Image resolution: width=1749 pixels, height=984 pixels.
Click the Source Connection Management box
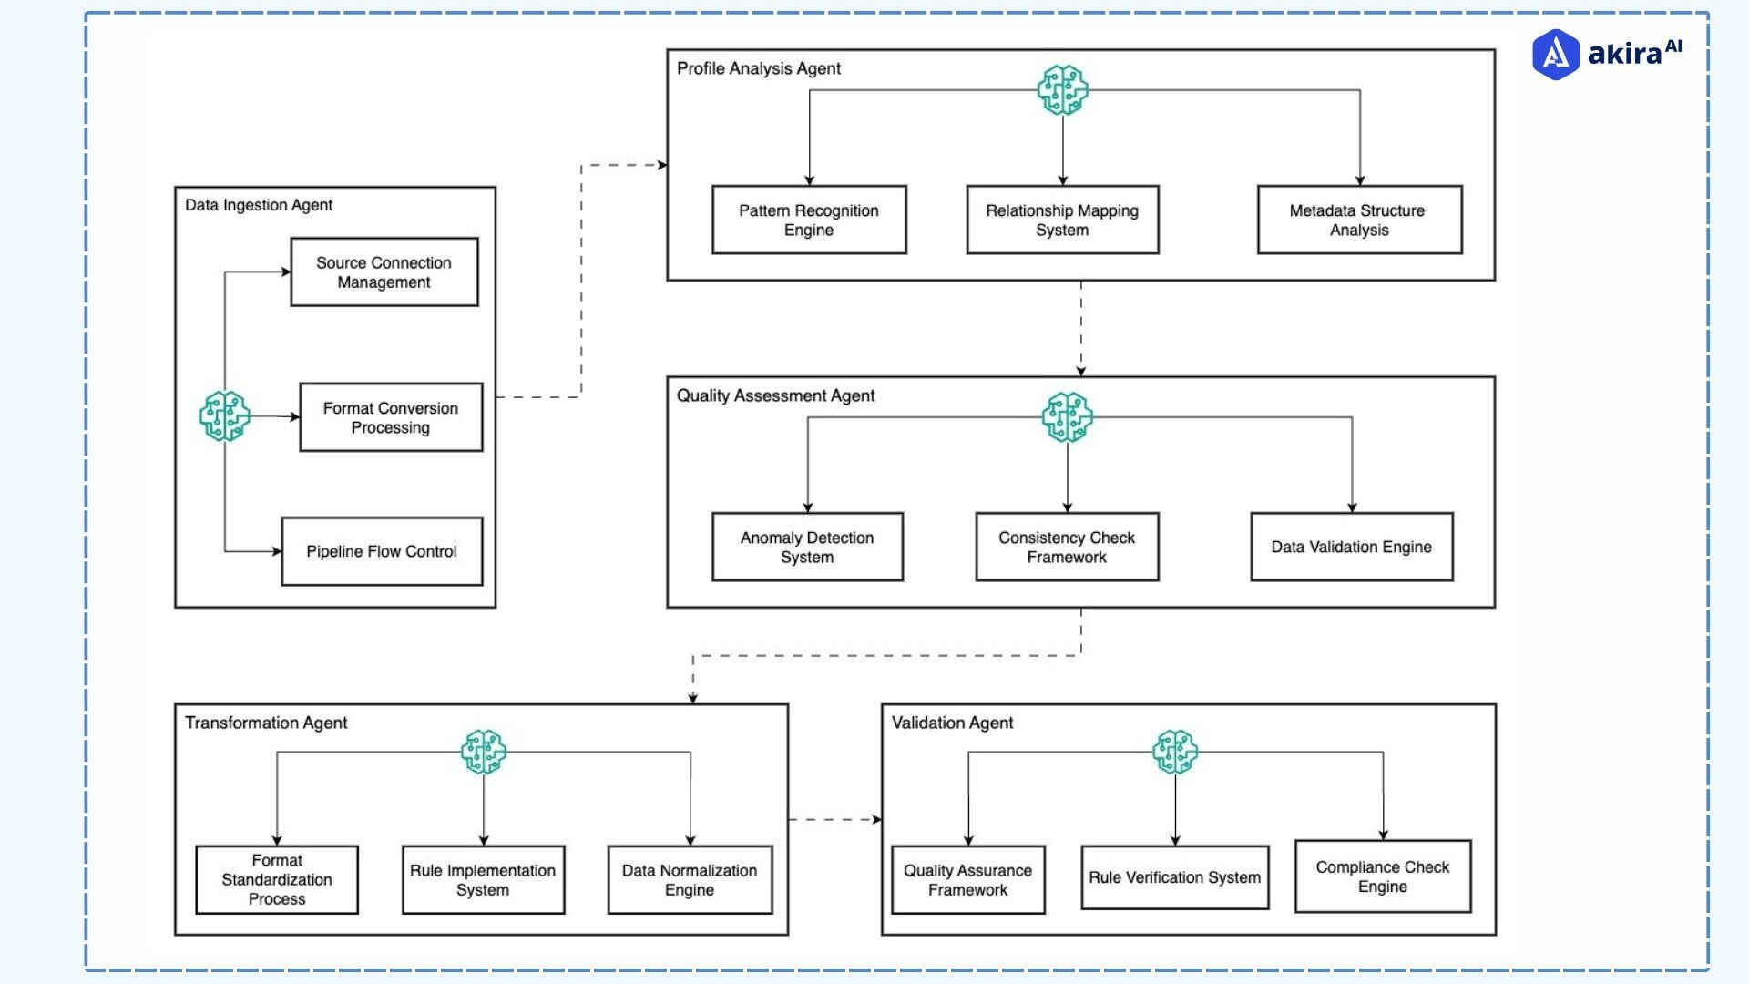tap(384, 272)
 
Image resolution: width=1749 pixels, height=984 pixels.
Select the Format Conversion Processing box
tap(391, 417)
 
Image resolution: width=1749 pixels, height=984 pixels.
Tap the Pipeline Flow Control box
tap(382, 551)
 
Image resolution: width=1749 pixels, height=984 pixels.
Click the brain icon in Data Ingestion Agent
tap(225, 416)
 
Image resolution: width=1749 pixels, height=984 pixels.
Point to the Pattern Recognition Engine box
tap(809, 220)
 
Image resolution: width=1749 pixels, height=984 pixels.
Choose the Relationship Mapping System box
tap(1062, 220)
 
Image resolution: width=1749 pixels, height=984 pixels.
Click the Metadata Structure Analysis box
tap(1359, 220)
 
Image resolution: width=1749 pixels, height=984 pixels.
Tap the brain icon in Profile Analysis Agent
tap(1063, 89)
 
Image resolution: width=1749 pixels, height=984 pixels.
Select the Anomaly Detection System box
tap(807, 547)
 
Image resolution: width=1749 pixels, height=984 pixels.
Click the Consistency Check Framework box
tap(1067, 547)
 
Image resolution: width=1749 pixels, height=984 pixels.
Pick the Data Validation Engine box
tap(1352, 547)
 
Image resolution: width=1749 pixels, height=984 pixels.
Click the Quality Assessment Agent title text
tap(775, 395)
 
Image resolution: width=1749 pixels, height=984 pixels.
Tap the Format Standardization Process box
tap(277, 879)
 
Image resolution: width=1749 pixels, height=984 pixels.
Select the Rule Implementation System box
tap(483, 879)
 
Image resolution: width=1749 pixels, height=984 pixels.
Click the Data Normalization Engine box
tap(690, 879)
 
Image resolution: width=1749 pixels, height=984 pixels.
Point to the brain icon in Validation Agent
tap(1175, 752)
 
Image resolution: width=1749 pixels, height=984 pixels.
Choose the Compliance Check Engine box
tap(1383, 876)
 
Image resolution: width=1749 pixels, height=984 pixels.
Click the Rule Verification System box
tap(1175, 877)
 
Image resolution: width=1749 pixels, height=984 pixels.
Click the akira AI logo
tap(1607, 54)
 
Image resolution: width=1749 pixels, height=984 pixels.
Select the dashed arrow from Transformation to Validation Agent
tap(834, 819)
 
